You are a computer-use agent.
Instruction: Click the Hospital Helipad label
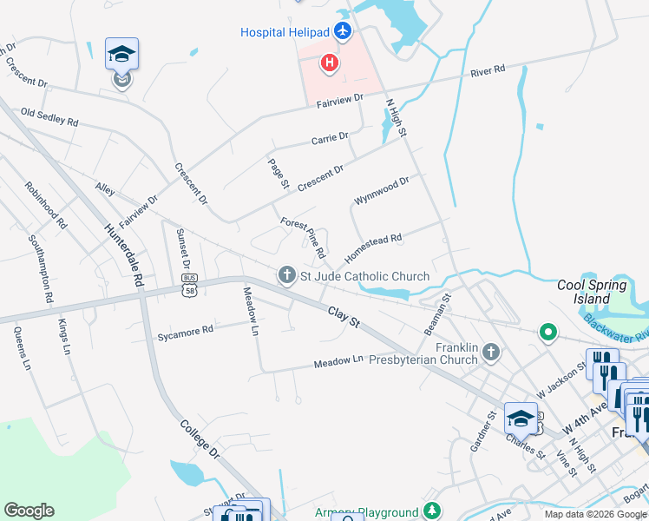tap(285, 32)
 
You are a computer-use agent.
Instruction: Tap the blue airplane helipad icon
tap(344, 32)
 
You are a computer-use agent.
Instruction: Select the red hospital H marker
tap(330, 63)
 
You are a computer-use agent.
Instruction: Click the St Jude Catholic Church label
tap(364, 276)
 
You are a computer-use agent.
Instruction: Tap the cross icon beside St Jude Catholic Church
tap(287, 276)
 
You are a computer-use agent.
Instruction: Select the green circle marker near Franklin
tap(547, 332)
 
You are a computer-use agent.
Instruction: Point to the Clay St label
tap(344, 317)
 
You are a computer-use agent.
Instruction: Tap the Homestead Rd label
tap(373, 248)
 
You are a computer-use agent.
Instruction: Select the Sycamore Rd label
tap(185, 332)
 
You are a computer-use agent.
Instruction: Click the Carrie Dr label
tap(330, 137)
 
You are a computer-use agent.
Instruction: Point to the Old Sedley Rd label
tap(49, 116)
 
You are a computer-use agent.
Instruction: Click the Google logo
tap(29, 511)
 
